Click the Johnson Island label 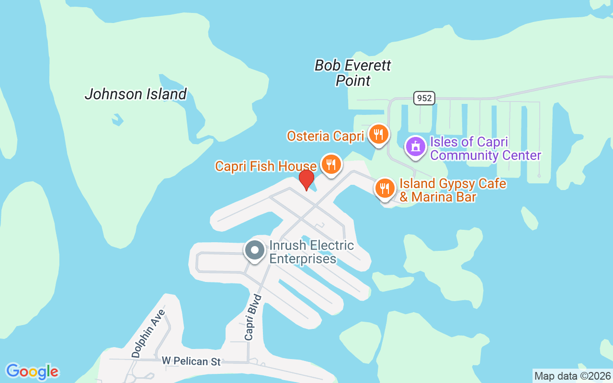(x=136, y=94)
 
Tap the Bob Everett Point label (x=353, y=73)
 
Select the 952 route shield (x=424, y=98)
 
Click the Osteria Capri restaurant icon (x=378, y=135)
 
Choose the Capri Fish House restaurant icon (x=330, y=165)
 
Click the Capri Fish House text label (x=265, y=166)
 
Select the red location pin (x=306, y=180)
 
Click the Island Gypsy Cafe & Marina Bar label (x=453, y=190)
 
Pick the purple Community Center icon (x=415, y=146)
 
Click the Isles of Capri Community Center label (x=485, y=148)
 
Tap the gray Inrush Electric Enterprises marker (x=255, y=250)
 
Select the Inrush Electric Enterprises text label (x=311, y=252)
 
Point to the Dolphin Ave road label (x=148, y=334)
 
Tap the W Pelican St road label (x=191, y=361)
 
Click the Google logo (x=32, y=372)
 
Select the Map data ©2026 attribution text (x=572, y=376)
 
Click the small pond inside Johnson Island (x=116, y=119)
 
